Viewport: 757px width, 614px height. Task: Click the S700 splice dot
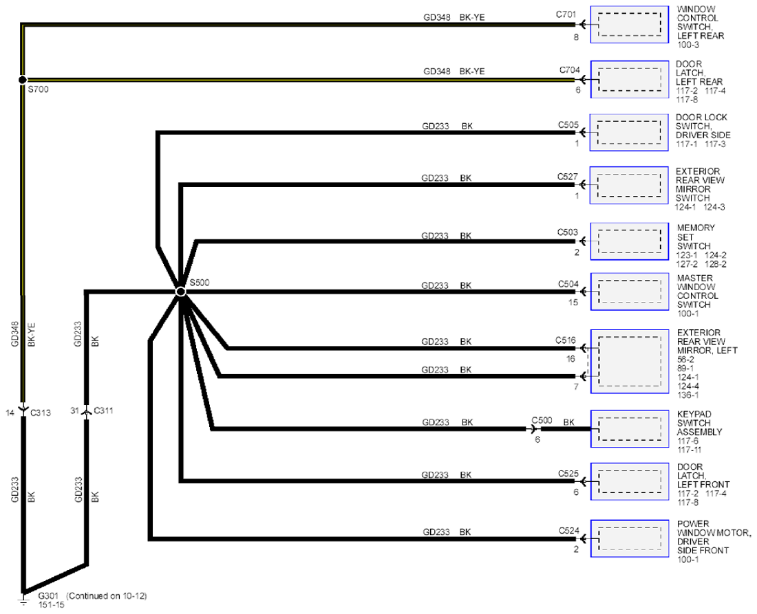coord(22,80)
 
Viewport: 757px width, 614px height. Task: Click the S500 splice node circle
coord(180,292)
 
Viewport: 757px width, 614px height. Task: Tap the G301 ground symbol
coord(23,600)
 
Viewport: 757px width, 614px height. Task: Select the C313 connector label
coord(41,413)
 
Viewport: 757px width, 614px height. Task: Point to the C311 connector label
coord(103,410)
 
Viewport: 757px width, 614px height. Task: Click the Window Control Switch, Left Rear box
coord(629,25)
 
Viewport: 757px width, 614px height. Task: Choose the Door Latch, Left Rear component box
coord(629,79)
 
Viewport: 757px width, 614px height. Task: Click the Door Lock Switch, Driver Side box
coord(628,133)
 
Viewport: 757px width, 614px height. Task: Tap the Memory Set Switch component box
coord(629,241)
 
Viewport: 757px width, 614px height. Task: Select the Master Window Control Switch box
coord(630,292)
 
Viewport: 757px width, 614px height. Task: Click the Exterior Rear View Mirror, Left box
coord(630,361)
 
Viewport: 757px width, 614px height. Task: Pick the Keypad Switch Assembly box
coord(630,429)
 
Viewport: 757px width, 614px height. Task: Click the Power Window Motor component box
coord(630,539)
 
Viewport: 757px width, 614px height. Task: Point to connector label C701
coord(566,14)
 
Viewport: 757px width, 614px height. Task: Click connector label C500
coord(542,420)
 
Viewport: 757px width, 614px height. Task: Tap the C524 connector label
coord(568,531)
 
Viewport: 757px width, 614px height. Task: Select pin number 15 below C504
coord(573,303)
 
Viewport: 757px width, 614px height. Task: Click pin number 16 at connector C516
coord(571,359)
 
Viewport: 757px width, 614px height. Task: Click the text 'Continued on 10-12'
coord(107,595)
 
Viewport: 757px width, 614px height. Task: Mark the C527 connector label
coord(567,177)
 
